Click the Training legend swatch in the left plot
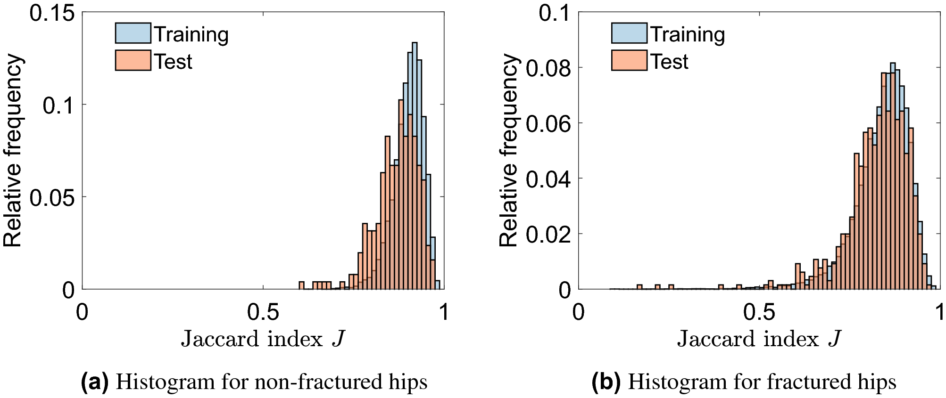(133, 33)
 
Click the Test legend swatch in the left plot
(133, 61)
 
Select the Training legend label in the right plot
(688, 34)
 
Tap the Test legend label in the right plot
(669, 62)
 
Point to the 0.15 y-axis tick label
(52, 13)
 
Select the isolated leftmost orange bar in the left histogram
(301, 285)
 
